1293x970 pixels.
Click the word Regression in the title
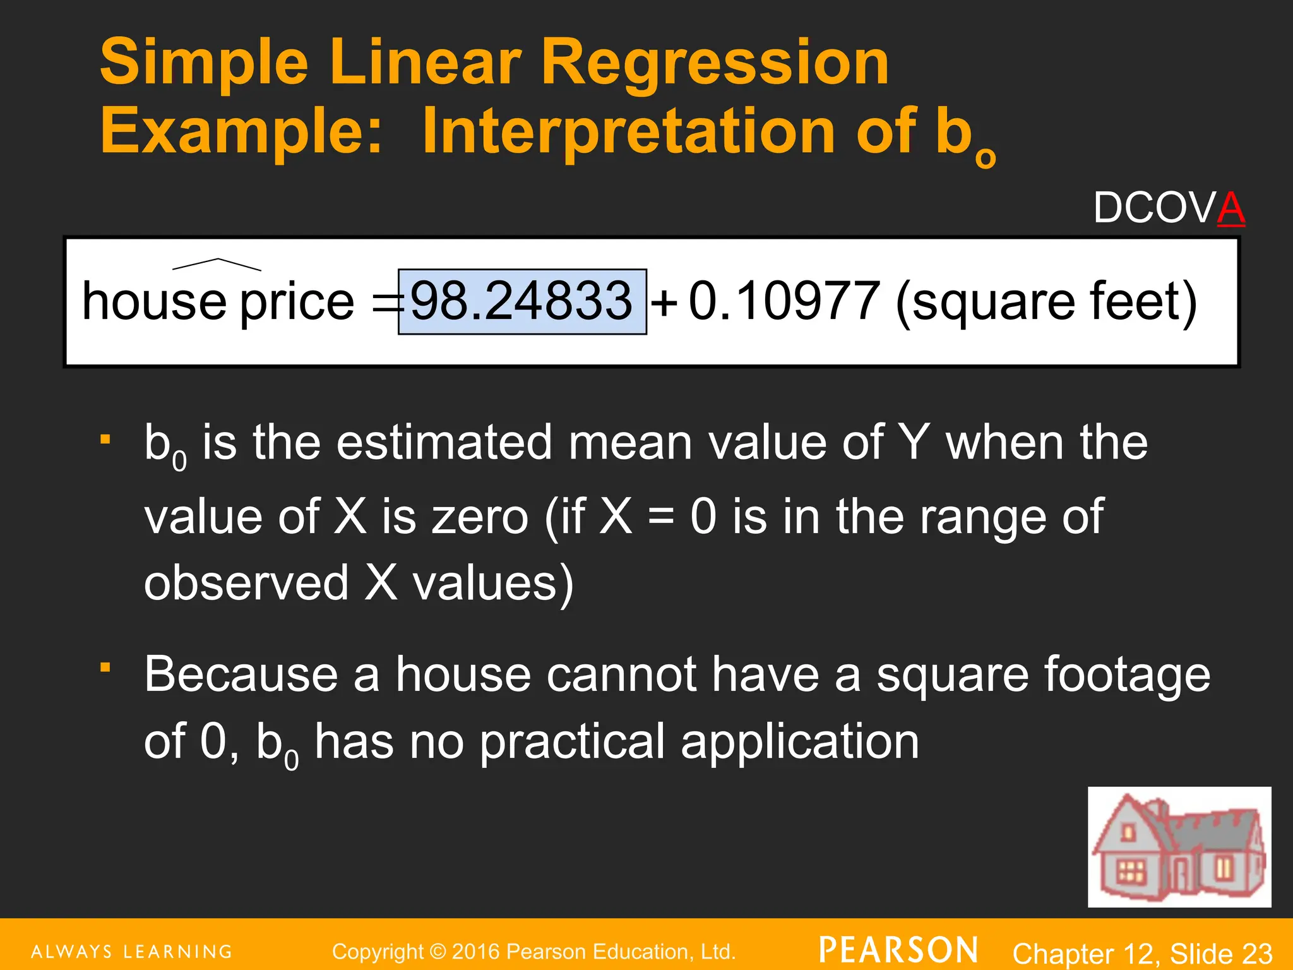tap(715, 63)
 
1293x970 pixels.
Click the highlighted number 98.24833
tap(521, 301)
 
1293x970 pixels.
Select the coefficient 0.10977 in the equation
tap(784, 301)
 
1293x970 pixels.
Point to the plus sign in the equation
tap(664, 303)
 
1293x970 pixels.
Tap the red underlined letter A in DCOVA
tap(1230, 208)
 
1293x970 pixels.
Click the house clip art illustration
tap(1179, 846)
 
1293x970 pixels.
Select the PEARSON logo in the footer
tap(898, 950)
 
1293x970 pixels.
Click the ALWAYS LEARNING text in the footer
tap(132, 952)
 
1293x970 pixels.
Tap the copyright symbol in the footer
tap(437, 952)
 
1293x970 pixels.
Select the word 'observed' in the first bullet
tap(246, 582)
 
